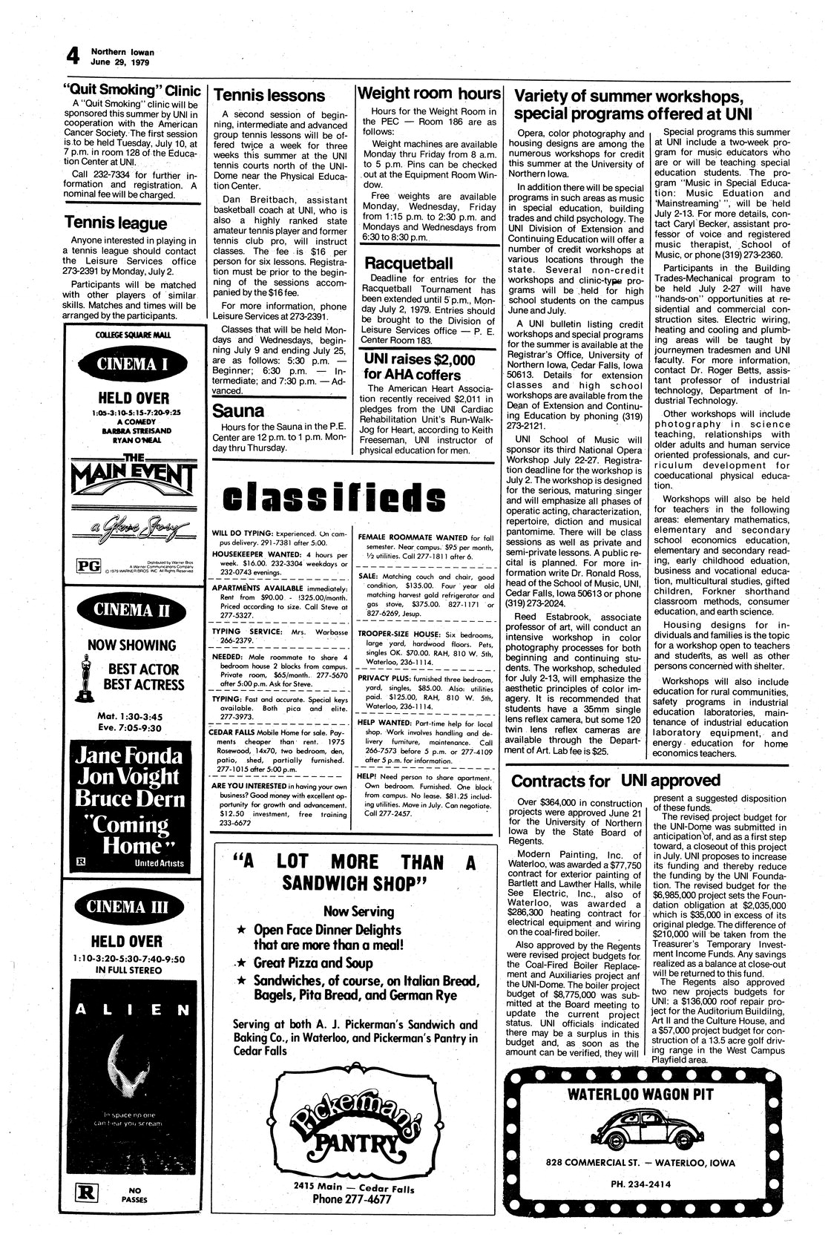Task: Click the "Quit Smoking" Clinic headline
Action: [132, 91]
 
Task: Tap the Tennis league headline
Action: [116, 223]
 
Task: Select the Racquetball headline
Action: [409, 263]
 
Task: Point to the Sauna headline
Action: [239, 410]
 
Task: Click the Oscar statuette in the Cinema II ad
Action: [86, 678]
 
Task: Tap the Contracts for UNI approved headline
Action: [616, 780]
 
